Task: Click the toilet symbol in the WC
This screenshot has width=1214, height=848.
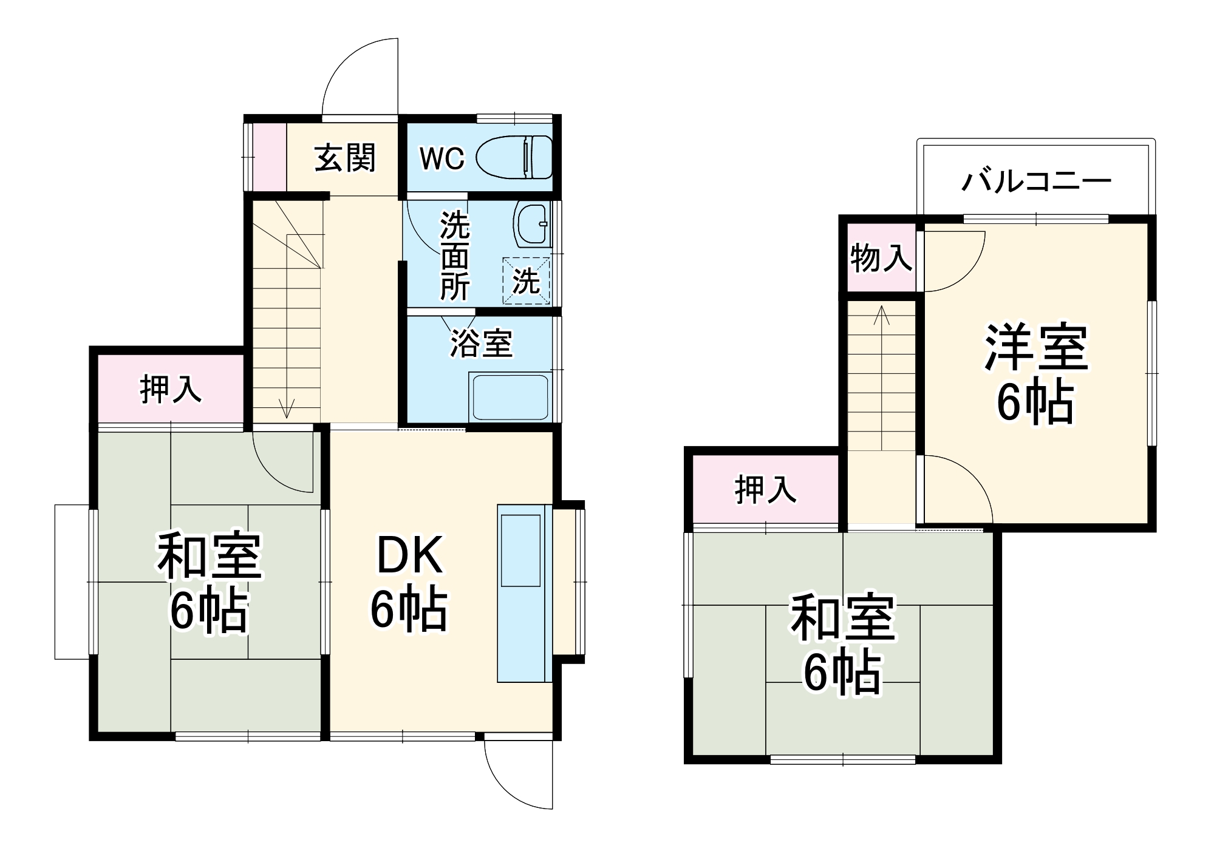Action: click(514, 158)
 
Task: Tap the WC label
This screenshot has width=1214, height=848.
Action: click(442, 159)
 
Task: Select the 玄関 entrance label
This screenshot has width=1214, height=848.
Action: click(345, 158)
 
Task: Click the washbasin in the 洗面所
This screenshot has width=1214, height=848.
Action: click(531, 225)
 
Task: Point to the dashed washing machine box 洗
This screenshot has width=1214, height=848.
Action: click(526, 281)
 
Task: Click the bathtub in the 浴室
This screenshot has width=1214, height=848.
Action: click(509, 398)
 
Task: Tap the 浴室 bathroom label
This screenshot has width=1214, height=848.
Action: click(481, 344)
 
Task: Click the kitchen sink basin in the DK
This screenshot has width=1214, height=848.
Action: click(520, 551)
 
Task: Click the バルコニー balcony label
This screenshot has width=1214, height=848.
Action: click(1036, 181)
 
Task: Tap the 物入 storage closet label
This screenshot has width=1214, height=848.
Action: click(881, 259)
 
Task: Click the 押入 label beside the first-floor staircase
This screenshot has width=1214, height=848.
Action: click(171, 389)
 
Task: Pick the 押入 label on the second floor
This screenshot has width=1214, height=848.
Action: click(765, 489)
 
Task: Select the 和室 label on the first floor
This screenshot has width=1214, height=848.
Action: click(210, 555)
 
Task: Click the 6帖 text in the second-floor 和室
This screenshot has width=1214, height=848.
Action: click(842, 673)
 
